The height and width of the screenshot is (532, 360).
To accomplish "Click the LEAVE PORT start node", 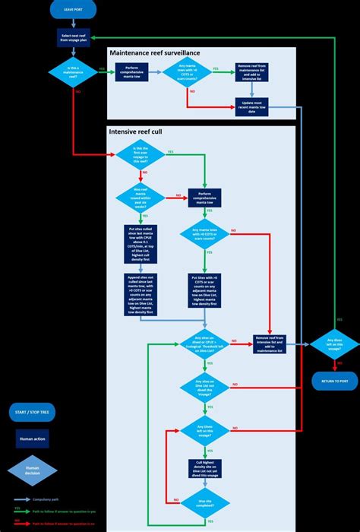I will [x=72, y=11].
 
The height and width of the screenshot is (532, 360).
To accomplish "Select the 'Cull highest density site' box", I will [x=201, y=467].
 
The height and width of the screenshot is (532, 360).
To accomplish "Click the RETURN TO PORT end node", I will [x=334, y=379].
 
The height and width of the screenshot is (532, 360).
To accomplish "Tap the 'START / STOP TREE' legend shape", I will [x=33, y=411].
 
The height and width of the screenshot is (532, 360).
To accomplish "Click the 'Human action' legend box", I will [x=33, y=439].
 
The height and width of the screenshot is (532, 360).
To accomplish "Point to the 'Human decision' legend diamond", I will [x=33, y=471].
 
